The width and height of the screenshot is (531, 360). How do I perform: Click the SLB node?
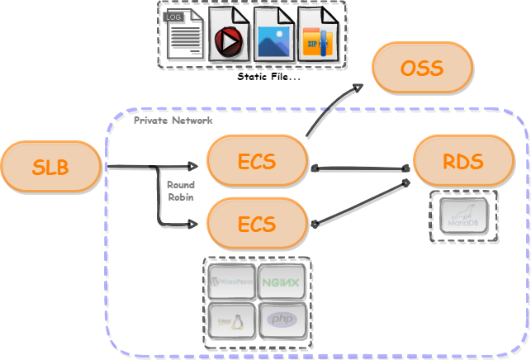tap(51, 168)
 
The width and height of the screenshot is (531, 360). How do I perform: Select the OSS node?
tap(422, 68)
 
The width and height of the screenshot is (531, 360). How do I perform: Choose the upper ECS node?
tap(257, 162)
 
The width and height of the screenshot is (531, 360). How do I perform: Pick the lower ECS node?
tap(257, 223)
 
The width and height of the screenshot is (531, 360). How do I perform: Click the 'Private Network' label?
tap(173, 121)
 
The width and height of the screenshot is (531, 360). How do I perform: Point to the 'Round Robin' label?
tap(180, 191)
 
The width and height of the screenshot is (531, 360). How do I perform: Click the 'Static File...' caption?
tap(268, 77)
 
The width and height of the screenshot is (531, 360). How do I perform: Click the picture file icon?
tap(273, 36)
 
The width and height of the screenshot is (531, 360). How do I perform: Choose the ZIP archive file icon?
tap(319, 36)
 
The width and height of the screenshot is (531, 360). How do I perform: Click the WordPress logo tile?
tap(231, 283)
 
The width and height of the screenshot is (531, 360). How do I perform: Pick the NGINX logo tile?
tap(282, 283)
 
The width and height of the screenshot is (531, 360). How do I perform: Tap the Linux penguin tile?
tap(231, 320)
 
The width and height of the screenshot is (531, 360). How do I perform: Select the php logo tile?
tap(282, 320)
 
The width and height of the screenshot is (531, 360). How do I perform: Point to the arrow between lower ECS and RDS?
tap(359, 202)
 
